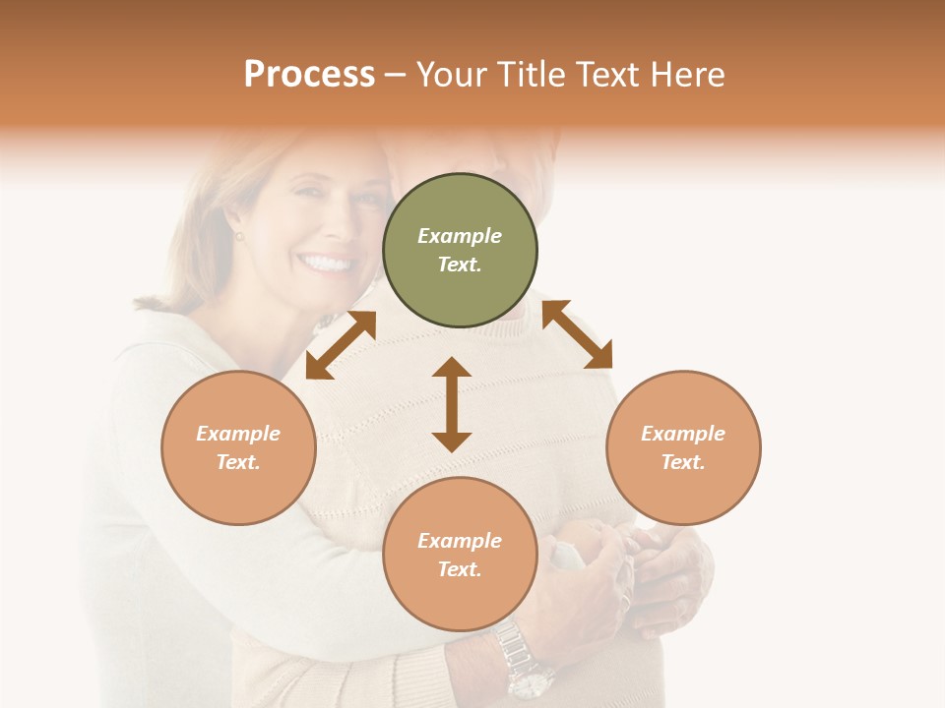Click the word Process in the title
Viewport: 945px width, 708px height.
309,75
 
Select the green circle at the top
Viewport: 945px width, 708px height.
460,250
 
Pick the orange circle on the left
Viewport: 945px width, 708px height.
238,447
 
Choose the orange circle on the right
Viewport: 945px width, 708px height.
683,447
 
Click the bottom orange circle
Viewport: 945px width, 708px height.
460,554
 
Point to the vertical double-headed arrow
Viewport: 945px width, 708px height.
452,404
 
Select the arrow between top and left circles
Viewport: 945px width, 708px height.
341,345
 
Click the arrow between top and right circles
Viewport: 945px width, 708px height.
577,334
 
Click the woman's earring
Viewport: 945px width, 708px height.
237,236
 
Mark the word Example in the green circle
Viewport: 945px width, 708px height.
460,236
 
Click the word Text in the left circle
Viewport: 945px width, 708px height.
237,462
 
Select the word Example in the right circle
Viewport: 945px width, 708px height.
683,434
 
